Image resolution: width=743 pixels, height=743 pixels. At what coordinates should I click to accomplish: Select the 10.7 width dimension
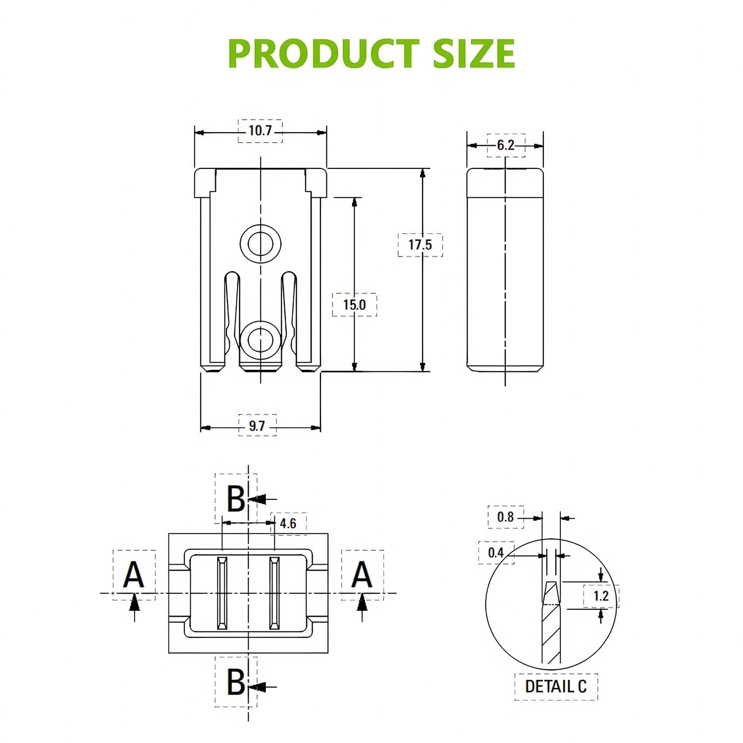[x=260, y=131]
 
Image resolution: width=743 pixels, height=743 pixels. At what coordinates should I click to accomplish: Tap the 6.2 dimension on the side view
[x=506, y=146]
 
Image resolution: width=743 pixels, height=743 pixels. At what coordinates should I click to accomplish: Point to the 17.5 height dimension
[x=420, y=244]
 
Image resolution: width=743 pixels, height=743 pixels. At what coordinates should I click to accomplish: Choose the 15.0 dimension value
[x=354, y=305]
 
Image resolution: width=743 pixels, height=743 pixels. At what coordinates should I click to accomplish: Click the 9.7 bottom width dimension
[x=257, y=425]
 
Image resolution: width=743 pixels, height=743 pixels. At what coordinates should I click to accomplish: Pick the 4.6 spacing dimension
[x=288, y=524]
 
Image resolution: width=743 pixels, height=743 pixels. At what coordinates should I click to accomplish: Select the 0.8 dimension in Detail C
[x=505, y=517]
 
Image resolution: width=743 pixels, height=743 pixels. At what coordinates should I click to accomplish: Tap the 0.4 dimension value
[x=496, y=553]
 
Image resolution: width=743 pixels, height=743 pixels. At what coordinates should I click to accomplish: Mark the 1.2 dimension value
[x=601, y=595]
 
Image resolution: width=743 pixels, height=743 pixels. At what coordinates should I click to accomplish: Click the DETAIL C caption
[x=556, y=686]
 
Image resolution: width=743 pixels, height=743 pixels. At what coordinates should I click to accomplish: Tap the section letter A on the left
[x=134, y=575]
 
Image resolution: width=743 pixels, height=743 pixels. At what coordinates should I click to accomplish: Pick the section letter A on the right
[x=362, y=575]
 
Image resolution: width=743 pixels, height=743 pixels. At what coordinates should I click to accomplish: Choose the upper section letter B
[x=236, y=498]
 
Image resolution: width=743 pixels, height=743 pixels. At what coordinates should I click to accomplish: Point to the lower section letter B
[x=236, y=682]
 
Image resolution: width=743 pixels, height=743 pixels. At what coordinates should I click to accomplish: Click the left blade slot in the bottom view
[x=222, y=593]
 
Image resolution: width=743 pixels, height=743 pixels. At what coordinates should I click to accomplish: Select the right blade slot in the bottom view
[x=274, y=593]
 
